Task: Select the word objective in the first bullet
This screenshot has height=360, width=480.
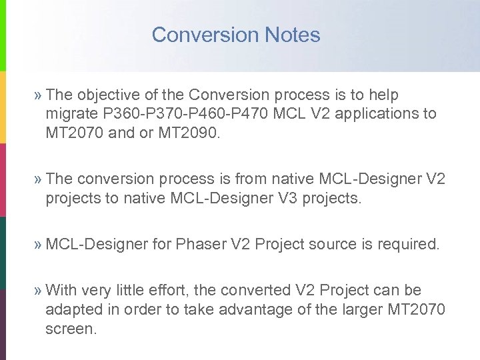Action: point(107,95)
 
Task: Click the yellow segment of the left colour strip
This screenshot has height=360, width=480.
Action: point(3,107)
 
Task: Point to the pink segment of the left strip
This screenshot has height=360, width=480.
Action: point(3,180)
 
